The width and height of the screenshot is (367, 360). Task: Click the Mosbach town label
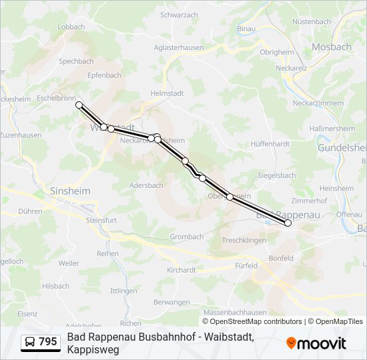[332, 47]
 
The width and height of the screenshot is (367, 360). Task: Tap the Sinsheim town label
[70, 191]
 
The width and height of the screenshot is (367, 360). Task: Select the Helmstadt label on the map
[166, 93]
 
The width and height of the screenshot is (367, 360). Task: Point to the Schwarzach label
[179, 15]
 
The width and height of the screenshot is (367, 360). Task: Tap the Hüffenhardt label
[270, 143]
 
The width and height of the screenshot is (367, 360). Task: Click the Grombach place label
[187, 237]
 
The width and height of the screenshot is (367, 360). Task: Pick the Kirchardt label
[181, 270]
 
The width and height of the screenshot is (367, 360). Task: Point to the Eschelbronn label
[57, 97]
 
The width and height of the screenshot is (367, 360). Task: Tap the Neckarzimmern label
[318, 103]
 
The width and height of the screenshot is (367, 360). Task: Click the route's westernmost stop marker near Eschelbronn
[79, 105]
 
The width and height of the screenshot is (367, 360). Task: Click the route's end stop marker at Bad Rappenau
[288, 223]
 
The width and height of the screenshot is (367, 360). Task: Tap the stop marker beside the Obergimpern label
[230, 197]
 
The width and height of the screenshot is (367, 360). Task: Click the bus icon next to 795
[30, 342]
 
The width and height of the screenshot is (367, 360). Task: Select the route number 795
[48, 342]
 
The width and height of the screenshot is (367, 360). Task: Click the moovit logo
[316, 343]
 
